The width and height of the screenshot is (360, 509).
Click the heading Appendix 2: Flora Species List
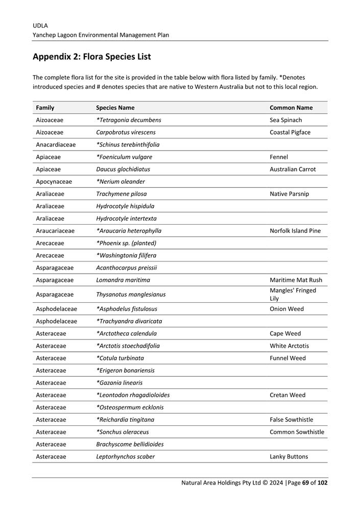(91, 57)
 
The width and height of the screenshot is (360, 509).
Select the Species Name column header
(115, 108)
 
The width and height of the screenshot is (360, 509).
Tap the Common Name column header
(291, 108)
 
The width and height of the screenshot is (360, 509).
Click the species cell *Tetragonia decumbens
(129, 120)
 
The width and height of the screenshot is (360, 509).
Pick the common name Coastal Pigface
(290, 132)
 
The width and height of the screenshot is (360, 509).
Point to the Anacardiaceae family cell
(56, 144)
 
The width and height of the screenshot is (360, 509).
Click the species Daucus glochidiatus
(123, 169)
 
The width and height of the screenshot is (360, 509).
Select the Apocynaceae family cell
(54, 181)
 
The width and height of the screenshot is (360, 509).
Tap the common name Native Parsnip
(289, 194)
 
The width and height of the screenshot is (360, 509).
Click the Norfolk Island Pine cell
(295, 231)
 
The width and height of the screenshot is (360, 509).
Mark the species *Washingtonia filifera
(126, 255)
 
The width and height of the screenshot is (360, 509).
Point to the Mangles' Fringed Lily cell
(293, 295)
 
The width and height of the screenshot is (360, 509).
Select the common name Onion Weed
(286, 309)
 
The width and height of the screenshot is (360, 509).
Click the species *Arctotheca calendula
(127, 333)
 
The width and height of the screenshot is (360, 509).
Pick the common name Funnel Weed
(287, 358)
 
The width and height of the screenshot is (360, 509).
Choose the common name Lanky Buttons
(289, 456)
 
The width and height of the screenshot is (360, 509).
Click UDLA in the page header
(40, 25)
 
